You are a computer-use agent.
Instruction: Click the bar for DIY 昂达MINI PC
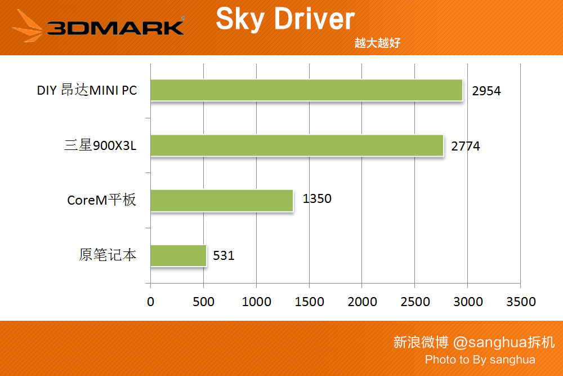[x=306, y=90]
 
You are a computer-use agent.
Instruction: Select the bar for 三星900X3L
[x=297, y=145]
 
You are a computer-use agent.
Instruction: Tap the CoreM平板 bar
[x=222, y=200]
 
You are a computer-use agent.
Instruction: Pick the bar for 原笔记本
[x=178, y=255]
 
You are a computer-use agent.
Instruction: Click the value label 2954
[x=486, y=91]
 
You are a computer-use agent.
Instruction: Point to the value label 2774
[x=466, y=146]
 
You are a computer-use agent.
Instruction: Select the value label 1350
[x=317, y=198]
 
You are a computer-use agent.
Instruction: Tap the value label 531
[x=224, y=256]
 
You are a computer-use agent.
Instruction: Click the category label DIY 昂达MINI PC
[x=87, y=90]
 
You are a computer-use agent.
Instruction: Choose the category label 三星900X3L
[x=100, y=146]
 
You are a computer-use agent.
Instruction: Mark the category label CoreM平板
[x=101, y=200]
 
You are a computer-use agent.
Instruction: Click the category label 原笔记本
[x=108, y=255]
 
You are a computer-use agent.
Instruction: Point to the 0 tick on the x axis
[x=150, y=302]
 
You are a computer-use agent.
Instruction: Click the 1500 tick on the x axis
[x=309, y=302]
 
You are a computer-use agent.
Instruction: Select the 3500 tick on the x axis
[x=521, y=302]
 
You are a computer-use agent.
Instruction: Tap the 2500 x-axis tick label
[x=415, y=302]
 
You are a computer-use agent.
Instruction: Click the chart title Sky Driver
[x=285, y=19]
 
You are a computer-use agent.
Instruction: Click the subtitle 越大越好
[x=377, y=43]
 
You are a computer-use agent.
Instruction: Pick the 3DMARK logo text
[x=115, y=28]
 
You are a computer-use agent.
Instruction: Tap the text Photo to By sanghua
[x=480, y=360]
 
